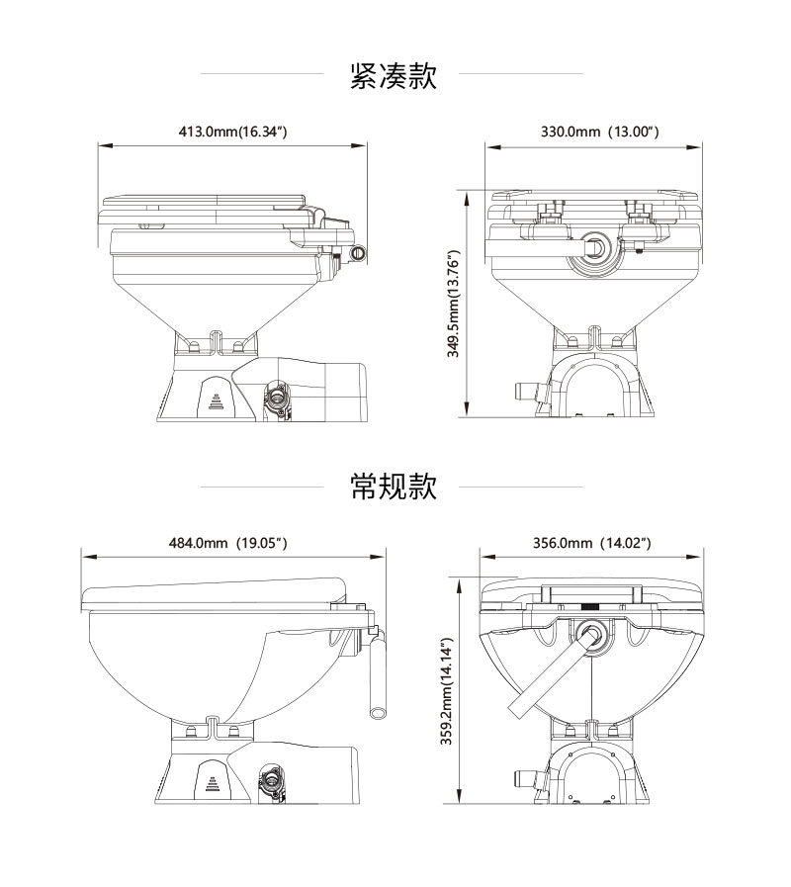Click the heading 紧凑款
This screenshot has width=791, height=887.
click(x=394, y=76)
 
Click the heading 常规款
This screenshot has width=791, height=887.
click(x=394, y=487)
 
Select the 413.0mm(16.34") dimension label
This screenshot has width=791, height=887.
click(x=233, y=131)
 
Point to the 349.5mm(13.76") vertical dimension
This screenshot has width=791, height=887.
click(x=454, y=303)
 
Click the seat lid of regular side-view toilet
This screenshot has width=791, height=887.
click(x=213, y=593)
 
